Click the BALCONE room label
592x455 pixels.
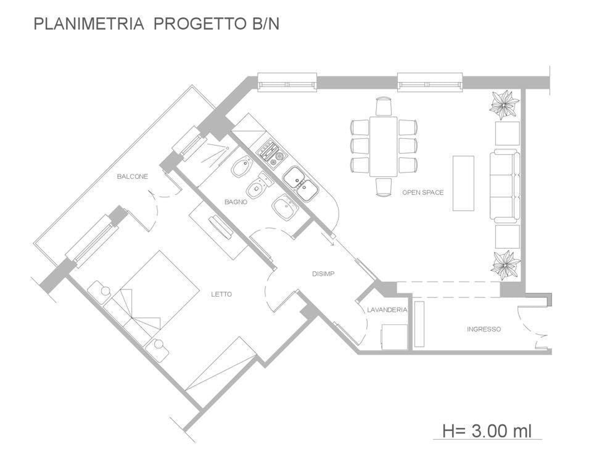pyautogui.click(x=132, y=177)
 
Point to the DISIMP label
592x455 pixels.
pyautogui.click(x=323, y=274)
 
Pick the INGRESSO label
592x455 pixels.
pyautogui.click(x=484, y=329)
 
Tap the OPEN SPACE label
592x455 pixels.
pyautogui.click(x=423, y=193)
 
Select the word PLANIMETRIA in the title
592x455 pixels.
pyautogui.click(x=88, y=24)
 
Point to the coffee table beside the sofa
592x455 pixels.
pyautogui.click(x=463, y=183)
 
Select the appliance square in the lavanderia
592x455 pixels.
pyautogui.click(x=394, y=337)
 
